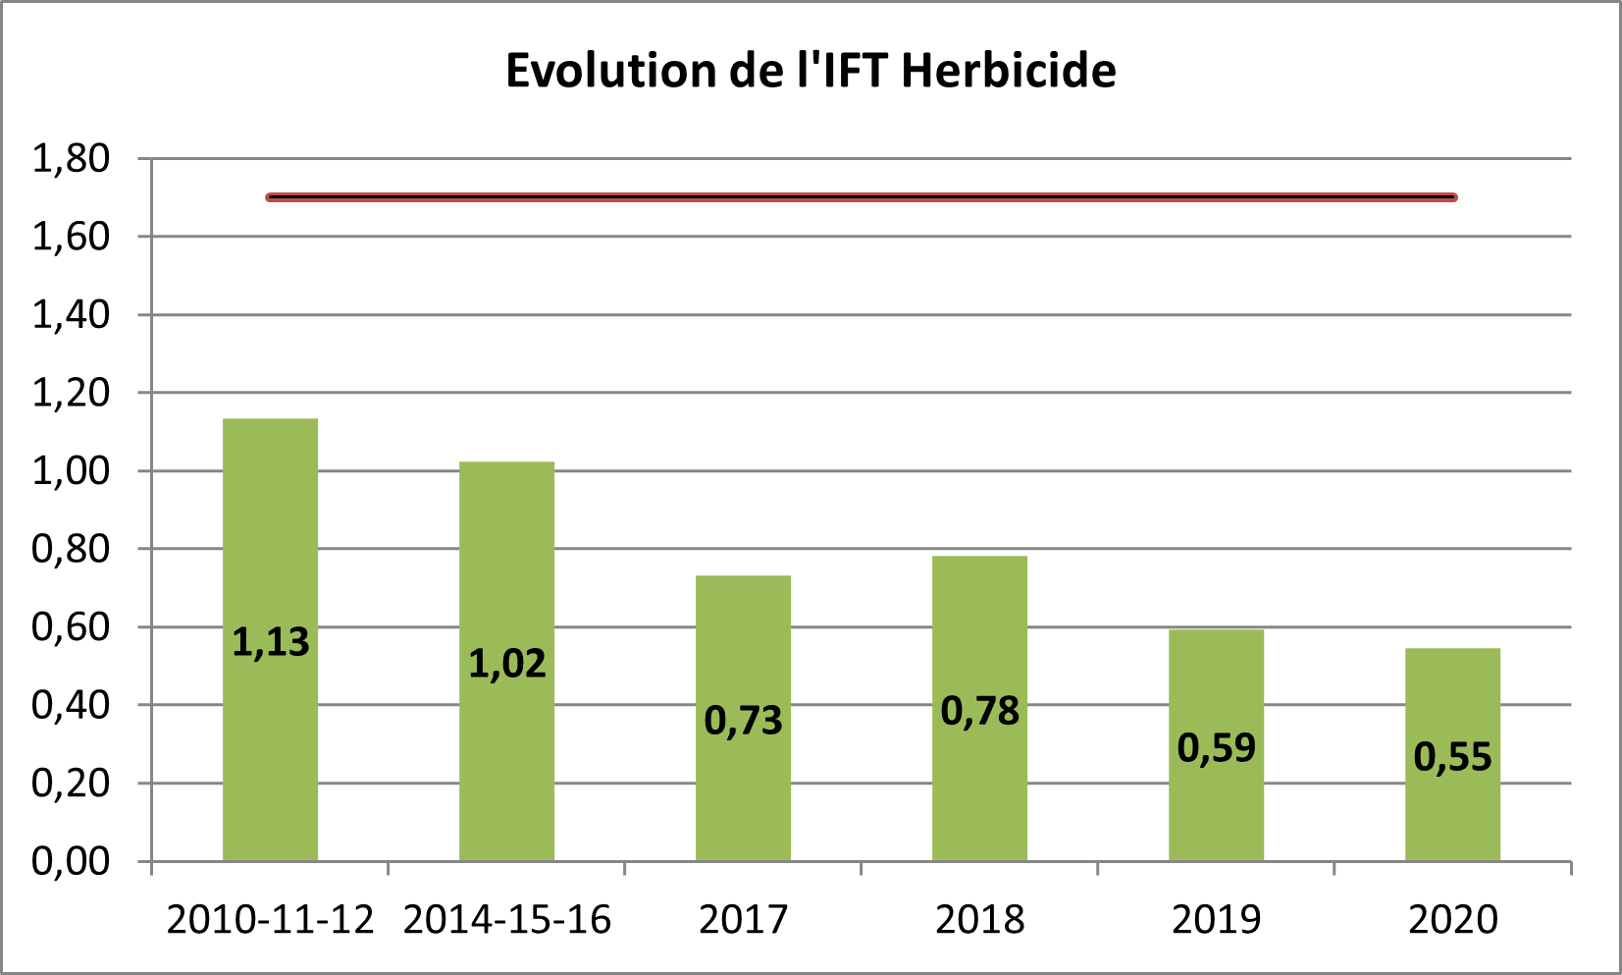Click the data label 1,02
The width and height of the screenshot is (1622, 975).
coord(507,664)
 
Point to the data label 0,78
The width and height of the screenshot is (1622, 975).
coord(980,711)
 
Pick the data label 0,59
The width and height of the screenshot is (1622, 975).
coord(1217,748)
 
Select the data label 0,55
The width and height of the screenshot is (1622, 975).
coord(1452,757)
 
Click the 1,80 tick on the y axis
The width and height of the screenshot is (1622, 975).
coord(71,158)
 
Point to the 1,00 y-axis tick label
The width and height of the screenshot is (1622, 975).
coord(71,471)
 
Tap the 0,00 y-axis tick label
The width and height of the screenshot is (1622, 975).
coord(71,861)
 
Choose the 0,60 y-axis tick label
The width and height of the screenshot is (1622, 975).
coord(71,627)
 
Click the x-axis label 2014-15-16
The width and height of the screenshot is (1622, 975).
coord(507,920)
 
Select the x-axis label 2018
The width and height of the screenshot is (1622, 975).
coord(980,920)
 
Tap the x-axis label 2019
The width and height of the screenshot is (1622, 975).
coord(1217,920)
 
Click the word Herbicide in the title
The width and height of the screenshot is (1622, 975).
coord(1009,71)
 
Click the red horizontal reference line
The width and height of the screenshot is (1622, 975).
coord(862,197)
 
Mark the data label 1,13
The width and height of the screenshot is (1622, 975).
coord(271,642)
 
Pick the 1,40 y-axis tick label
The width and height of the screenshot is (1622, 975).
coord(71,315)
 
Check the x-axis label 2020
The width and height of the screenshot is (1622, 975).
coord(1452,920)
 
